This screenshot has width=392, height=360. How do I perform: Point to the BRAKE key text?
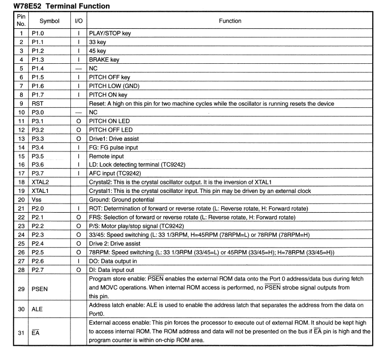click(104, 60)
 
